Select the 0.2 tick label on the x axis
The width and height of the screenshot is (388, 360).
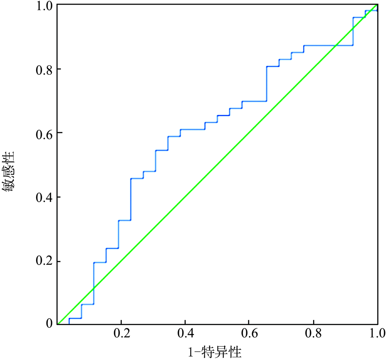(121, 334)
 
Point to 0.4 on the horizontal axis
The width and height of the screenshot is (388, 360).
(185, 334)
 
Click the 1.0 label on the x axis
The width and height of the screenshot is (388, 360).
(377, 334)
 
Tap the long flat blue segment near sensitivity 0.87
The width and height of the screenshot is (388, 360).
(328, 45)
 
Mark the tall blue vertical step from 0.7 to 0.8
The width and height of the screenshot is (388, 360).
(267, 84)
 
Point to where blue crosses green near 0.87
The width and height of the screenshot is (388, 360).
(335, 45)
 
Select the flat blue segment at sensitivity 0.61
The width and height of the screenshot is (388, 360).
(192, 129)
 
